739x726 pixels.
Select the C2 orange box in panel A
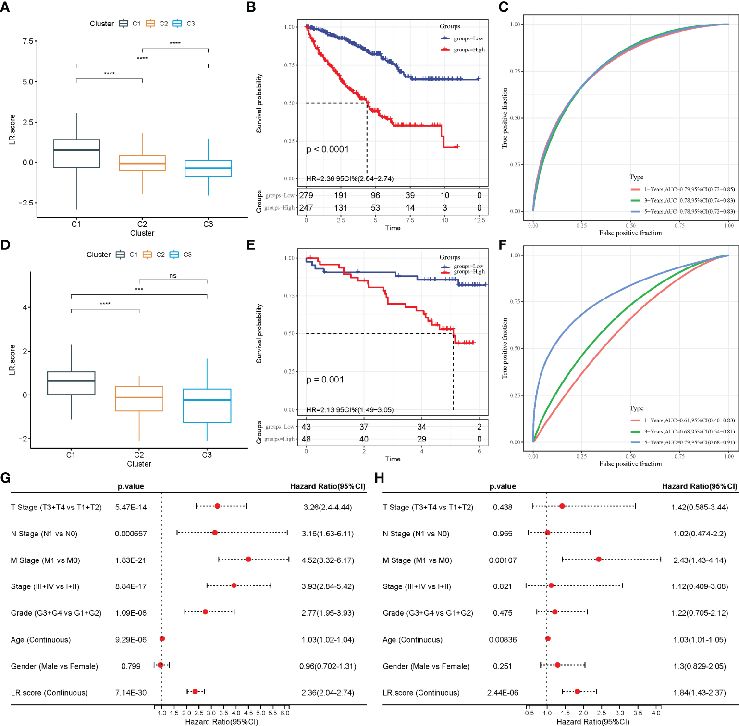pyautogui.click(x=142, y=163)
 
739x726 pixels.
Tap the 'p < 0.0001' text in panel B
pyautogui.click(x=328, y=149)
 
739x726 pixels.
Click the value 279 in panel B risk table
pyautogui.click(x=306, y=195)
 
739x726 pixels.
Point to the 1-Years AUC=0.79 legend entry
pyautogui.click(x=682, y=189)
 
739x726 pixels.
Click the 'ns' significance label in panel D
pyautogui.click(x=173, y=276)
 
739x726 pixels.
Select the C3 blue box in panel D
pyautogui.click(x=207, y=406)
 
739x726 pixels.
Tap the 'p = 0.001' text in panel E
pyautogui.click(x=325, y=380)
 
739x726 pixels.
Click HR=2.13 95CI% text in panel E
pyautogui.click(x=350, y=410)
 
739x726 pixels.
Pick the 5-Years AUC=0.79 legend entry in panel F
pyautogui.click(x=682, y=442)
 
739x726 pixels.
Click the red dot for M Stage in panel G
pyautogui.click(x=248, y=559)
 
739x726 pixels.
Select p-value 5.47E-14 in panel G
pyautogui.click(x=131, y=507)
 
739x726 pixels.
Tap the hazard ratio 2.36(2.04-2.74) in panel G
pyautogui.click(x=328, y=693)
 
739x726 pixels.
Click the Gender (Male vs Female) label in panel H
pyautogui.click(x=426, y=666)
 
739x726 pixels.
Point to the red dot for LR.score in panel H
pyautogui.click(x=577, y=691)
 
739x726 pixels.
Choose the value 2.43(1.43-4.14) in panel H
pyautogui.click(x=700, y=560)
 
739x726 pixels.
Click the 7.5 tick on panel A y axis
pyautogui.click(x=28, y=41)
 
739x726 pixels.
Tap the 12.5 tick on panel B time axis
pyautogui.click(x=480, y=220)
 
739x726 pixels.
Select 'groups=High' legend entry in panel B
pyautogui.click(x=469, y=50)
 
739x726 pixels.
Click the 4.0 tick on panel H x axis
pyautogui.click(x=656, y=713)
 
